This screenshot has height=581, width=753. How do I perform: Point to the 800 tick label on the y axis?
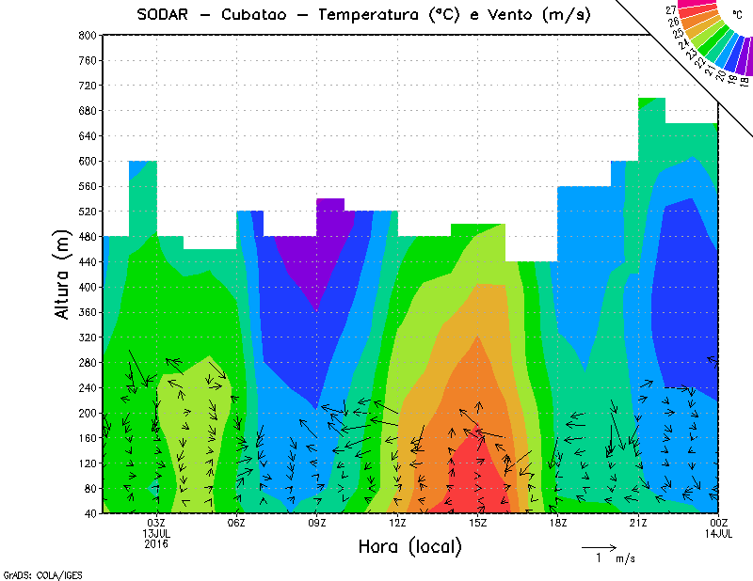pos(87,35)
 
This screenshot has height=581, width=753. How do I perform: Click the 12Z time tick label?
pos(397,523)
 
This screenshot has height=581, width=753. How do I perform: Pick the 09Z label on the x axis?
pos(317,523)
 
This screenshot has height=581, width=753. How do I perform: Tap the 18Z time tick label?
pos(558,523)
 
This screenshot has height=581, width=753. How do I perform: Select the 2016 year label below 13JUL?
pos(156,543)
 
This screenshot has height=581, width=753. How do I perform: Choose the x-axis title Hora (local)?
pos(409,546)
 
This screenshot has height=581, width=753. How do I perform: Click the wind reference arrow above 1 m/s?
pos(599,546)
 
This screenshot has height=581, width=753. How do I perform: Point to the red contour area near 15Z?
pos(483,479)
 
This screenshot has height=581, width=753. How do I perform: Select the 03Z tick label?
pos(156,523)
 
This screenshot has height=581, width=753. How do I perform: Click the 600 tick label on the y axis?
pos(87,161)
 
